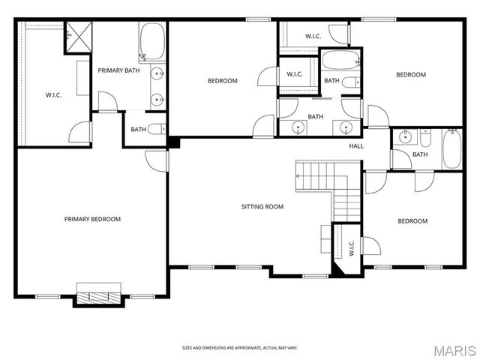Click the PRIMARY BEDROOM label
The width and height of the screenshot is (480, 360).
point(92,219)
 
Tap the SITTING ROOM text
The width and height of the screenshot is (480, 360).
point(262,206)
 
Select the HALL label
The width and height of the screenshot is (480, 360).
point(356,145)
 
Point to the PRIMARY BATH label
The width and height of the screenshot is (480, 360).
point(118,70)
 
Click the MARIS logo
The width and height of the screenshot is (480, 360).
point(454,350)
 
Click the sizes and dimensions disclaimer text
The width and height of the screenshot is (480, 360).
point(240,348)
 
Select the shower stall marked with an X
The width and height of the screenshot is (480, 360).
point(76,34)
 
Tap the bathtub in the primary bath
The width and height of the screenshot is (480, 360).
point(152,41)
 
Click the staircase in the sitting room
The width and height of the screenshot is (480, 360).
point(330,187)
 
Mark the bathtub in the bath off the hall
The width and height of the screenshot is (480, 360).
point(451,148)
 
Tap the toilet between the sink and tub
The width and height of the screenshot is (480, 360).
point(424,138)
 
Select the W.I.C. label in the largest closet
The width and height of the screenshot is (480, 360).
point(53,94)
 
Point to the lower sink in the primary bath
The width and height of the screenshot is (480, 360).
point(157,97)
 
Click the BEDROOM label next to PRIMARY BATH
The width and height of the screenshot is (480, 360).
point(222,81)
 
